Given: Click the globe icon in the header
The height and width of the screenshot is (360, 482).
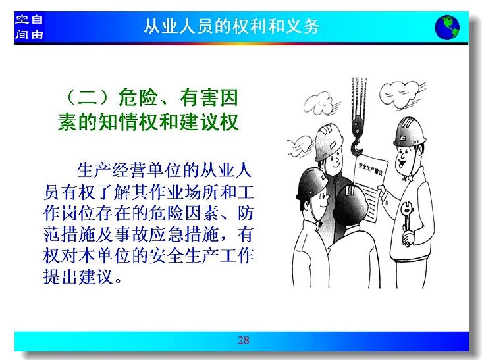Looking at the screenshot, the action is pos(447,28).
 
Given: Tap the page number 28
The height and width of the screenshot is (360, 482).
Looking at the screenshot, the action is pos(244,340).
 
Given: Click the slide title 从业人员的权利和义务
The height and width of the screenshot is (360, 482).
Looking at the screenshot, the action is pos(231,26).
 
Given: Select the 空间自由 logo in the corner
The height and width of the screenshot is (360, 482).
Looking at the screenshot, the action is pos(29,27).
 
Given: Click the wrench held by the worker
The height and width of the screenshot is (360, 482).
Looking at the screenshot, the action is pos(407,221).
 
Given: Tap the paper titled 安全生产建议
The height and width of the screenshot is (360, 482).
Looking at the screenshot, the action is pos(369,188).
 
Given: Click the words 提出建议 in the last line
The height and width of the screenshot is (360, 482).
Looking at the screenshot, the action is pos(78,276).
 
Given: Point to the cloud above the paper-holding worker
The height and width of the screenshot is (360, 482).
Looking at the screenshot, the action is pos(401,93).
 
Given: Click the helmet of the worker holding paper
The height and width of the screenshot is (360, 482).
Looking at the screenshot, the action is pos(410,132).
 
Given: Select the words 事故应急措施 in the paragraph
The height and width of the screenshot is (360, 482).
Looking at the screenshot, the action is pos(167,234).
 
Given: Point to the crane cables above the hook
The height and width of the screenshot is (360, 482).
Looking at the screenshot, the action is pos(358,97).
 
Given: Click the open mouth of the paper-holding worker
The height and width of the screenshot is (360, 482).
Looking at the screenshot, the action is pos(401,163).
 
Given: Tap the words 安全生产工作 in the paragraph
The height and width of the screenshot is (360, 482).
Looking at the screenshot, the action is pos(201,255).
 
